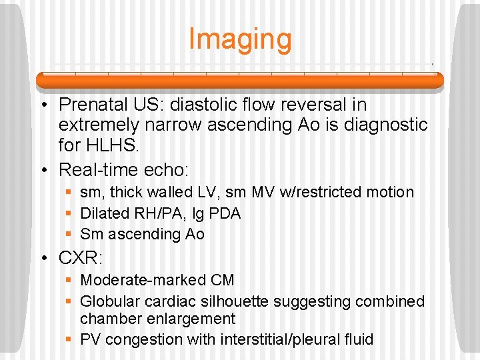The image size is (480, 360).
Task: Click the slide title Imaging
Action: point(240,39)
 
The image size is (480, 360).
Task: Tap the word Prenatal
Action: point(92,105)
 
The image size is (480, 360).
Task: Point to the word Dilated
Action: point(103,213)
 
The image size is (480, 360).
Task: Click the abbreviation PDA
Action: point(225,213)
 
